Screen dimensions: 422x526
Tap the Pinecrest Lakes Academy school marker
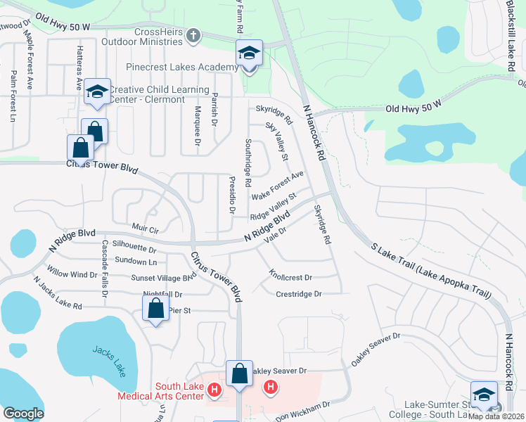point(248,55)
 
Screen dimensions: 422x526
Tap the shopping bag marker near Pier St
point(155,309)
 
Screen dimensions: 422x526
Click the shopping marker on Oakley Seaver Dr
point(240,375)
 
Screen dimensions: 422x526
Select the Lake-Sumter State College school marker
point(484,396)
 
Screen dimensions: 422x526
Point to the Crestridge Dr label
point(298,293)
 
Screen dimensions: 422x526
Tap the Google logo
point(23,413)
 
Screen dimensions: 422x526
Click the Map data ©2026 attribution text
point(496,416)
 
